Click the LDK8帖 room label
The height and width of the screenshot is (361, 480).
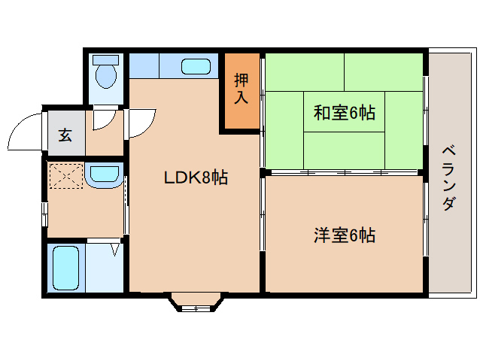pyautogui.click(x=196, y=178)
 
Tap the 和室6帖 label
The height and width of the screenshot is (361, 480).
pyautogui.click(x=345, y=114)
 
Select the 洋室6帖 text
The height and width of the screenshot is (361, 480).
pyautogui.click(x=345, y=235)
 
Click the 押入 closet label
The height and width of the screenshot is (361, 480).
pyautogui.click(x=241, y=88)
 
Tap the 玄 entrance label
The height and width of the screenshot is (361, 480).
pyautogui.click(x=65, y=135)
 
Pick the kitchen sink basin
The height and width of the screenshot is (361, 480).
pyautogui.click(x=196, y=66)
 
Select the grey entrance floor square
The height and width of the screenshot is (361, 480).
pyautogui.click(x=65, y=135)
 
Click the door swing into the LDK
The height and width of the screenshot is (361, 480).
pyautogui.click(x=141, y=122)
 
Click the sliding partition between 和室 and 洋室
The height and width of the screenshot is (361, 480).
pyautogui.click(x=345, y=173)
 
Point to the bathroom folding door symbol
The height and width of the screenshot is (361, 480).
pyautogui.click(x=115, y=247)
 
